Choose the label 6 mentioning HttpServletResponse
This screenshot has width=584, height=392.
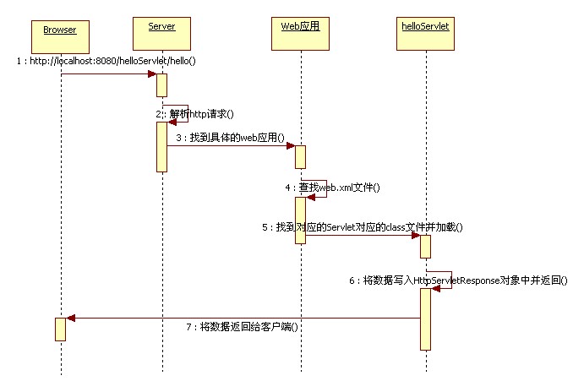pos(457,280)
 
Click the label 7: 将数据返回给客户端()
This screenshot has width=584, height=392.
pos(243,326)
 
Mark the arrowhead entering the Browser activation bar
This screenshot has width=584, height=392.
pos(71,318)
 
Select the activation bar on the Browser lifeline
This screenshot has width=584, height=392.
pos(60,329)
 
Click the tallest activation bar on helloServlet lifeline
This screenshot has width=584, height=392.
pos(426,318)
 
